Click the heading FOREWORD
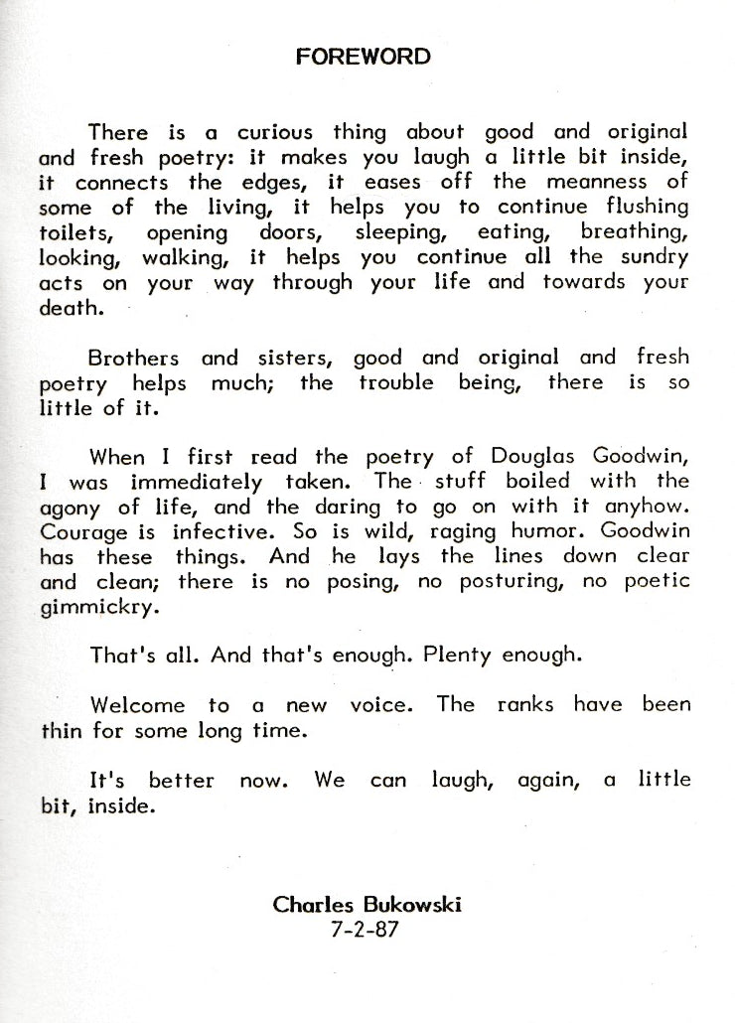364,57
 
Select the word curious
274,132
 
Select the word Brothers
134,357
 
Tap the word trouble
396,381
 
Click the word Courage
76,532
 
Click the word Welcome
137,705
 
